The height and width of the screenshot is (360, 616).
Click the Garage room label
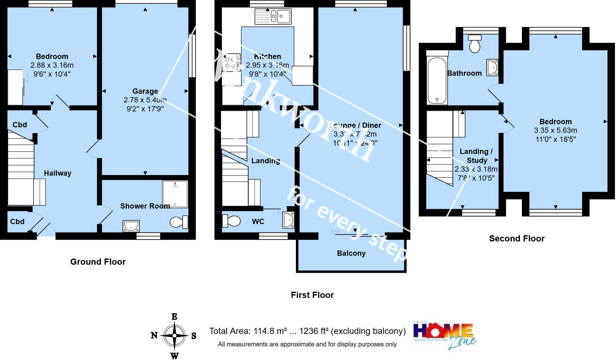145,91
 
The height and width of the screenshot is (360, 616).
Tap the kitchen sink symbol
273,16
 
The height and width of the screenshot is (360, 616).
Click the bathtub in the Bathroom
437,80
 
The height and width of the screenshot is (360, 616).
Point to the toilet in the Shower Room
179,222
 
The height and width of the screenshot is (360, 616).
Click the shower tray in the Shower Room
175,194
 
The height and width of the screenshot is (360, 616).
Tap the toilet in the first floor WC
231,221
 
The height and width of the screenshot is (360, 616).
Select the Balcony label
351,253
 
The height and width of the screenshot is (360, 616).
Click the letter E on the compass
174,317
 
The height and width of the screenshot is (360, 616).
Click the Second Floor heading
517,238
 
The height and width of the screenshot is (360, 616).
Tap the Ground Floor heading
98,262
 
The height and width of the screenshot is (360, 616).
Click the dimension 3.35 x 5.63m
555,130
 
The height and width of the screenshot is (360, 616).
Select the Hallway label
57,173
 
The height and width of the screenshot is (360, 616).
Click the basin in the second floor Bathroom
492,67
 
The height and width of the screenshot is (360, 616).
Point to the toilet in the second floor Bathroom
475,44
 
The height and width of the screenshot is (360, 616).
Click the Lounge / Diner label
355,125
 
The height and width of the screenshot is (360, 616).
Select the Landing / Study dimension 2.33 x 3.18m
476,169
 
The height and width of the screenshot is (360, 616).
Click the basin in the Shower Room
131,226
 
